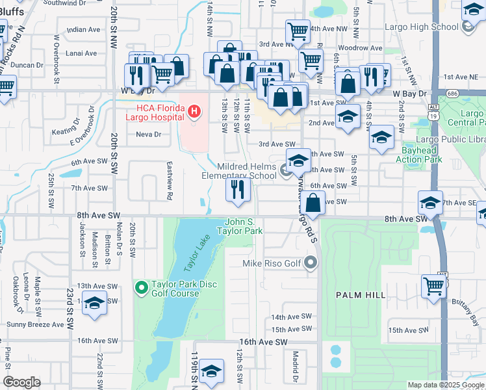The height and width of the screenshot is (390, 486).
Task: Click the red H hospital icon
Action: coord(193,112)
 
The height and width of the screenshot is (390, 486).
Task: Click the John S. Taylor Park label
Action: coord(244,226)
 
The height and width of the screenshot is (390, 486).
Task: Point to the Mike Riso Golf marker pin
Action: coord(311,263)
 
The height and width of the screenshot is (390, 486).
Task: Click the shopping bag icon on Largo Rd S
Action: coord(313,201)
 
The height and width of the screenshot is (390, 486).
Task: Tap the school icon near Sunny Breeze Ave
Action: coord(95,304)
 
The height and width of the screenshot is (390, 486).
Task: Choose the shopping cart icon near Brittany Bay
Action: coord(433,285)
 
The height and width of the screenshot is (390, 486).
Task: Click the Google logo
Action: coord(21,382)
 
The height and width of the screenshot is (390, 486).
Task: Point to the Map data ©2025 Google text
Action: coord(446,385)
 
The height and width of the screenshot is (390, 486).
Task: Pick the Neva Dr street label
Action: coord(148,135)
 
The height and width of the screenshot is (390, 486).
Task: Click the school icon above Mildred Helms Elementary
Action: coord(298,160)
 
